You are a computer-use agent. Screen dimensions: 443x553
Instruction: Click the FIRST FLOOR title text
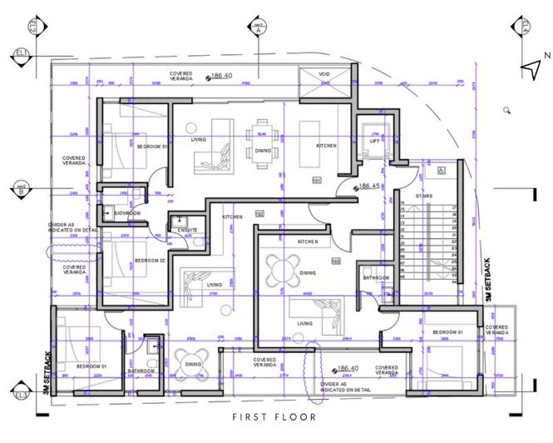point(274,416)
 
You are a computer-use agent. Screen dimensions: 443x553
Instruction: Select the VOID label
point(324,74)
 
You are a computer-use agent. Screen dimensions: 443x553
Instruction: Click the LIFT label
point(374,142)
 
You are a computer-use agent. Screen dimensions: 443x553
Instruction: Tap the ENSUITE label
point(187,230)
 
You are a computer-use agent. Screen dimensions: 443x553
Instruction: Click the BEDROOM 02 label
point(150,261)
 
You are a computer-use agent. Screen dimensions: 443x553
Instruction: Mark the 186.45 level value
point(371,187)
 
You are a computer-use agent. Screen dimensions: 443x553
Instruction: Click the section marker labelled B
point(19,190)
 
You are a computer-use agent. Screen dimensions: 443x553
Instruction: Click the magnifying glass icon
point(506,110)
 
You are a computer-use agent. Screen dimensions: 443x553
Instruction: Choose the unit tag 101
point(316,180)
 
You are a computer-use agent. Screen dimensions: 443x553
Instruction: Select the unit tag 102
point(259,214)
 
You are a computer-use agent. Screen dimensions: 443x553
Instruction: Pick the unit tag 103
point(336,261)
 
